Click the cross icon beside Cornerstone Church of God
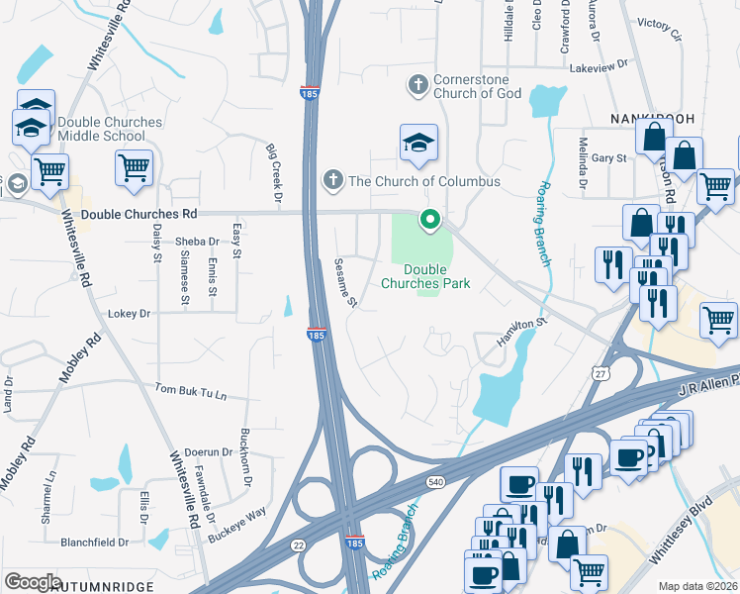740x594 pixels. click(x=418, y=85)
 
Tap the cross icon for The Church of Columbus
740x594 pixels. click(x=333, y=180)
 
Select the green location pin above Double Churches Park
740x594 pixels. click(x=429, y=220)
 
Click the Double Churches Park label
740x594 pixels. click(x=425, y=276)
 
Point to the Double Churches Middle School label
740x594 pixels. click(x=109, y=129)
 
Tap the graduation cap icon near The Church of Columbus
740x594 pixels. click(x=418, y=144)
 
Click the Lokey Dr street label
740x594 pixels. click(x=130, y=314)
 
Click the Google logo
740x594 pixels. click(x=33, y=582)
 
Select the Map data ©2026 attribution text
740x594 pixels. click(x=697, y=586)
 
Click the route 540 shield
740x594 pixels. click(x=435, y=481)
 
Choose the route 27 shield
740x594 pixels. click(x=601, y=373)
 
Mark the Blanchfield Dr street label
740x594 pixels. click(x=95, y=543)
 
